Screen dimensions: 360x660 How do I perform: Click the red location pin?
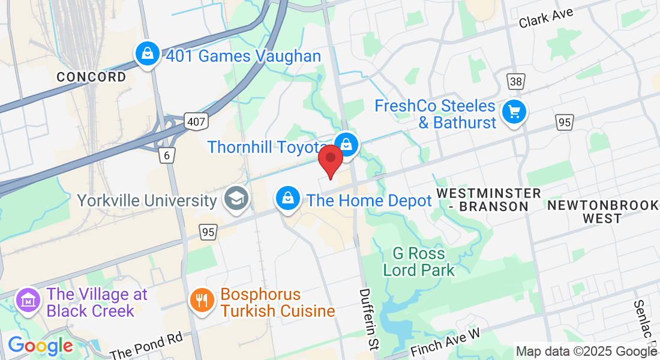click(330, 160)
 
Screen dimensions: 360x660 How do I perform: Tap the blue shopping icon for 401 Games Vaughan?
click(147, 55)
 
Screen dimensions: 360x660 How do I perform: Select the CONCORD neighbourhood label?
click(92, 77)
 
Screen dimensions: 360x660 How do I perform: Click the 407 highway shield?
click(196, 121)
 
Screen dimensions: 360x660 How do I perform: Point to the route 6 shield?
click(167, 155)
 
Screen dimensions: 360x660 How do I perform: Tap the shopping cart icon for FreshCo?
click(514, 112)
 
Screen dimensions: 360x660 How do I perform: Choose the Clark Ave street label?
click(547, 17)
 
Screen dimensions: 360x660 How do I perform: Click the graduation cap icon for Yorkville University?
click(236, 199)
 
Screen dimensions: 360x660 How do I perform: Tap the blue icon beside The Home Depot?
click(288, 198)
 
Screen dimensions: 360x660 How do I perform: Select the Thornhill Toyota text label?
click(268, 147)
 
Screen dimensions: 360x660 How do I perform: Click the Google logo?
click(40, 346)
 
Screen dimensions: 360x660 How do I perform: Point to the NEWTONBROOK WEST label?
click(603, 212)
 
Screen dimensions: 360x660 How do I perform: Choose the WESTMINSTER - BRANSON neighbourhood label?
click(488, 200)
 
